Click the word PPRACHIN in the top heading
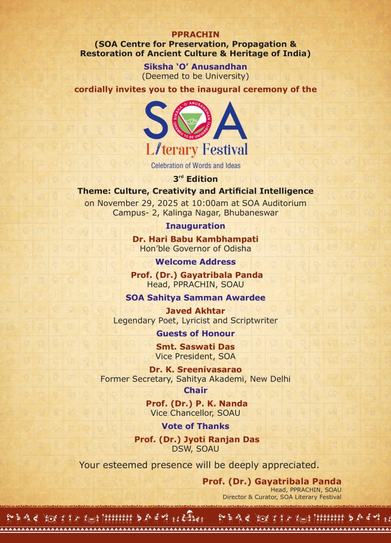195,34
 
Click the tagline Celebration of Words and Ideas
195,165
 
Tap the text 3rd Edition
195,179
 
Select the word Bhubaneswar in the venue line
251,213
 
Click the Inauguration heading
195,226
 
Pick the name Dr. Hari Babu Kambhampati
195,239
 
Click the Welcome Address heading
195,262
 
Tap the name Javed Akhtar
195,311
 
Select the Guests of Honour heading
195,334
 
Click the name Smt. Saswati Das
195,347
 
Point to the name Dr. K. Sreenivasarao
195,370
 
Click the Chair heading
195,390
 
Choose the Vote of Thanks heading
195,426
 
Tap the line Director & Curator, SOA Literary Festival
282,497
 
